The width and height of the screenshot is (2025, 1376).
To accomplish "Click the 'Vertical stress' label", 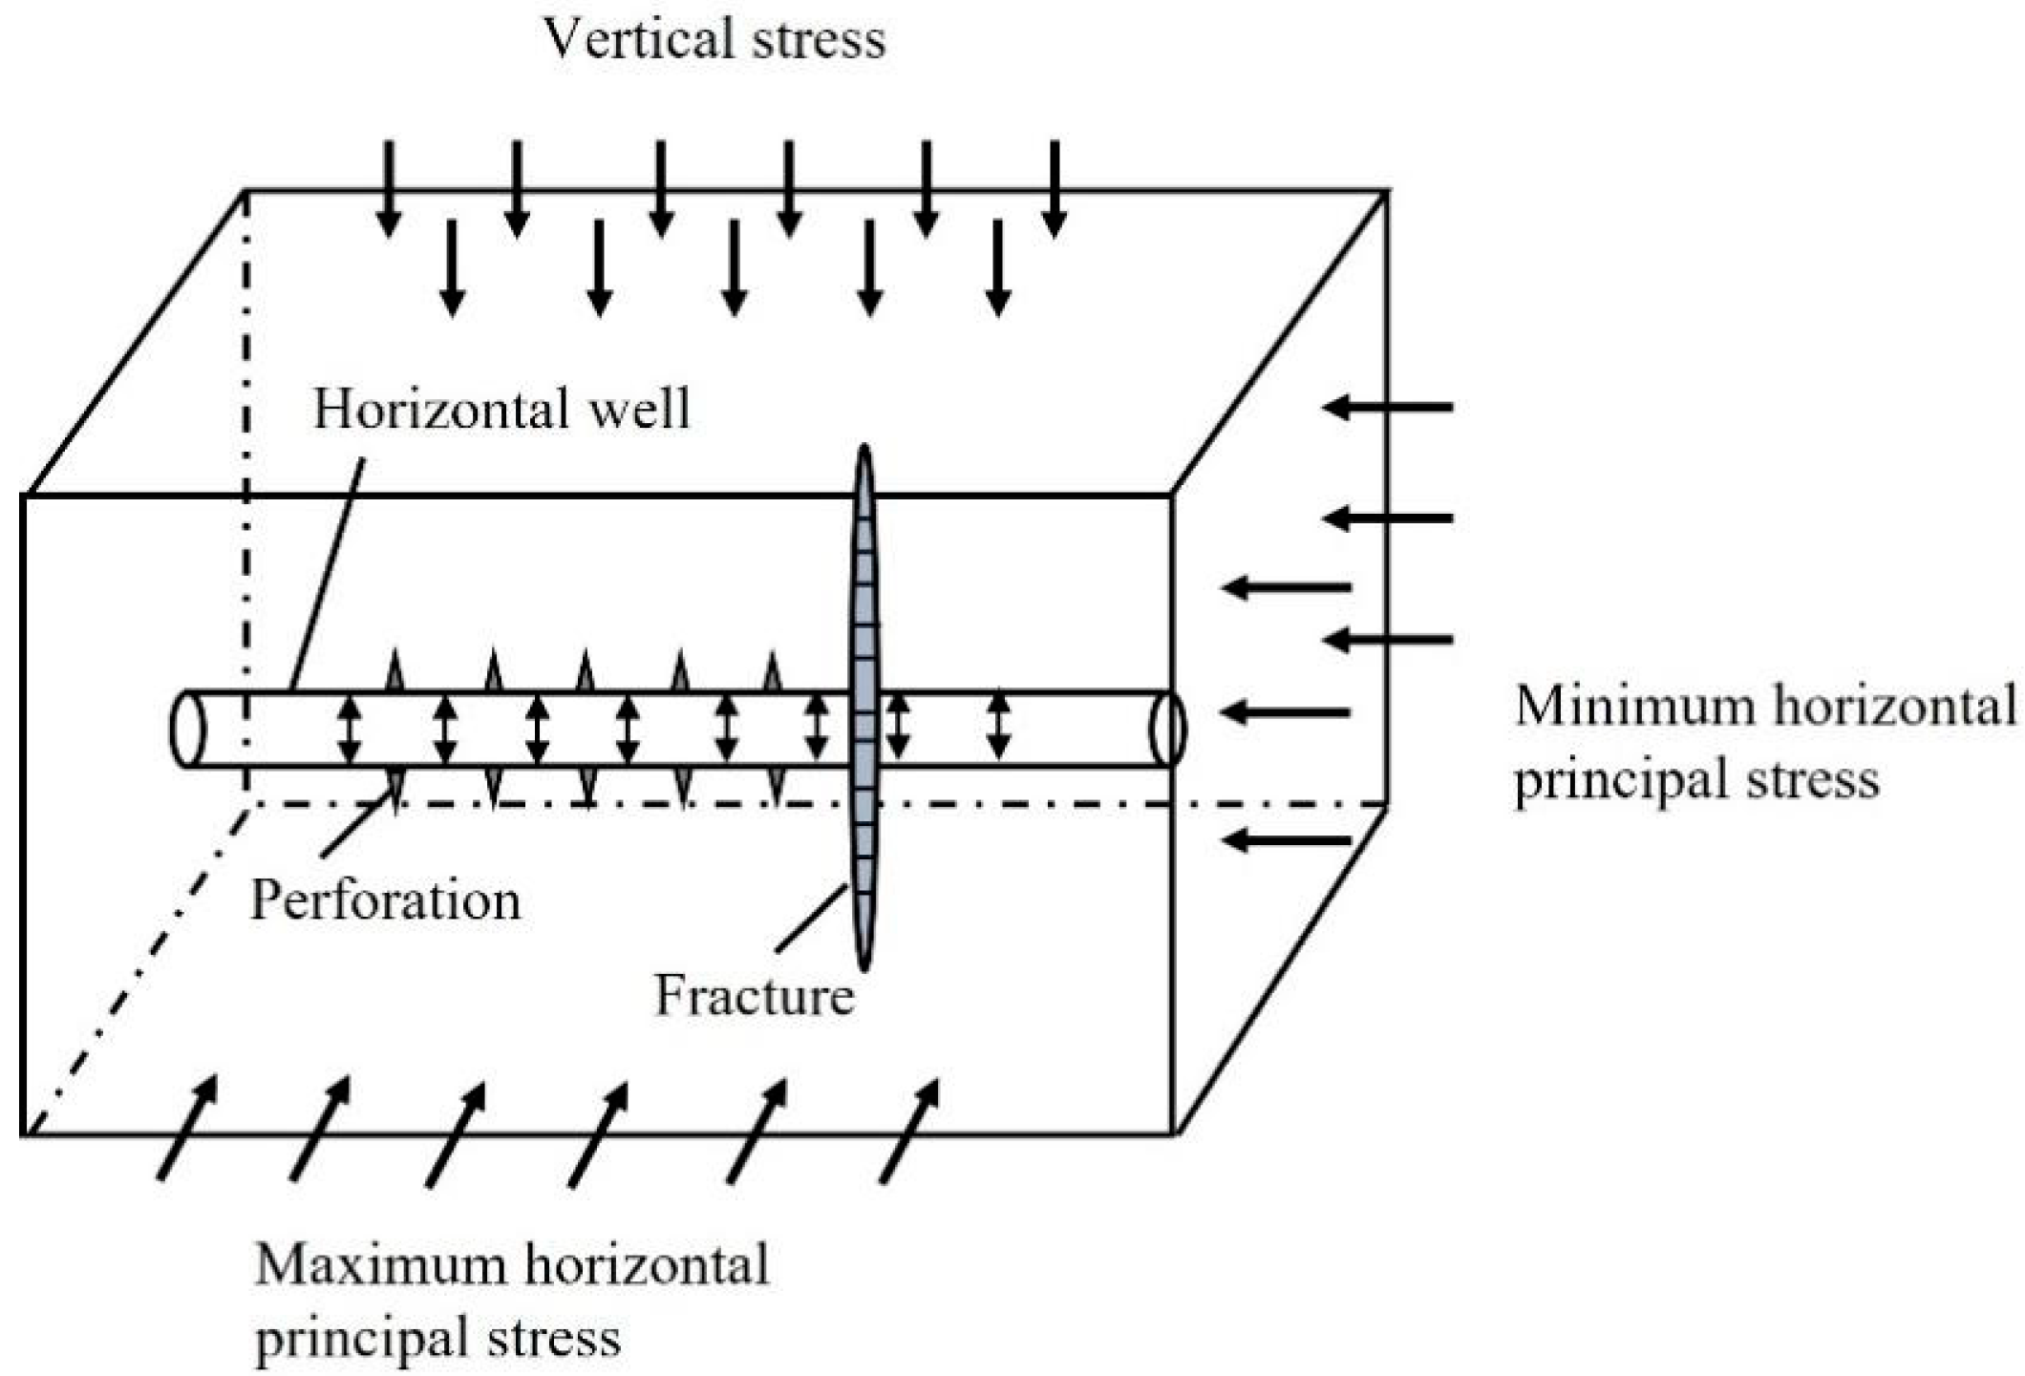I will pos(714,40).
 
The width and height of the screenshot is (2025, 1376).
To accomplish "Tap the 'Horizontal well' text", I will pos(501,410).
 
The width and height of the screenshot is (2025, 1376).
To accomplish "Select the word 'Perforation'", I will pos(385,900).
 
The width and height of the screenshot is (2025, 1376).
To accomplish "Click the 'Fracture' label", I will pos(754,996).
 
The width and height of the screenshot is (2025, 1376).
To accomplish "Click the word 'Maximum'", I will pos(380,1266).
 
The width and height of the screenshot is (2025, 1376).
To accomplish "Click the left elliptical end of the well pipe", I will pos(188,729).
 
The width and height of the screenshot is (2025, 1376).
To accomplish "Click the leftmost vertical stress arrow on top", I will pos(388,188).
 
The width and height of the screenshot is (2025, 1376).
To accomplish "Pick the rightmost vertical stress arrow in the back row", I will pos(1054,188).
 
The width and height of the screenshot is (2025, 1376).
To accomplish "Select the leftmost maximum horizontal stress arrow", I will pos(187,1128).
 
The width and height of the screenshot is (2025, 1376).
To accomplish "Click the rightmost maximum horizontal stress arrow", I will pos(908,1132).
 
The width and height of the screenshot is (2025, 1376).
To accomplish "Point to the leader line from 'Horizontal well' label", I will pos(327,573).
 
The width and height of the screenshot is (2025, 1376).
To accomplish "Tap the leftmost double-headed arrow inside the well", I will pos(350,730).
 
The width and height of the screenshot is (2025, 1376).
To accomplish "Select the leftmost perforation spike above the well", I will pos(394,671).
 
